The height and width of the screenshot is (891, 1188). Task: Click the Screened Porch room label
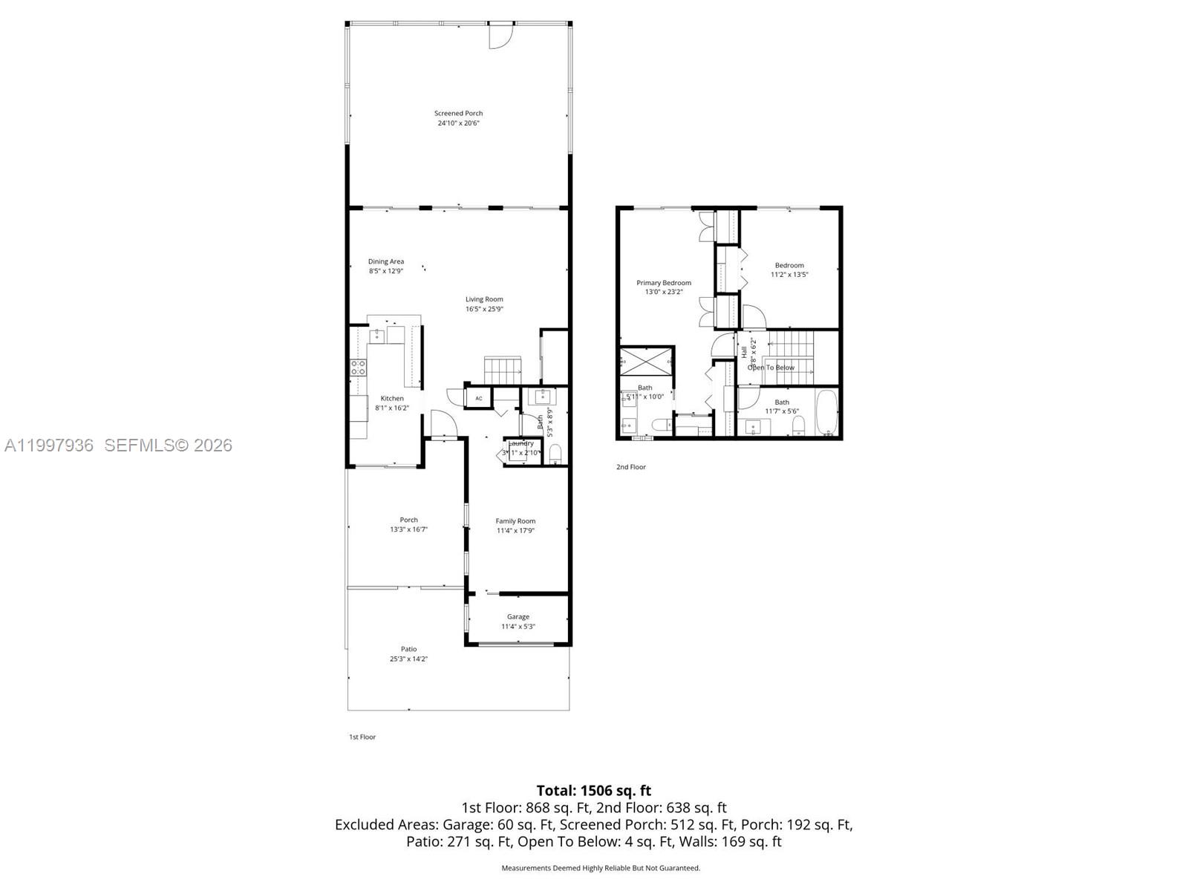(458, 114)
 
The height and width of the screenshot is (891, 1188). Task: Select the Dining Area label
(386, 261)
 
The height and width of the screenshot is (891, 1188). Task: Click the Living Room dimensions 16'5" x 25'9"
(484, 309)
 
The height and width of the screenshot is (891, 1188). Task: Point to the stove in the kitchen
(358, 367)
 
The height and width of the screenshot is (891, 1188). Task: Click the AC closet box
(479, 399)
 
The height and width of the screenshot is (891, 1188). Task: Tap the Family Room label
(515, 521)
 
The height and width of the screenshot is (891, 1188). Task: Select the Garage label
(518, 617)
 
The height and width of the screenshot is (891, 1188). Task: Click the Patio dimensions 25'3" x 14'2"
(408, 659)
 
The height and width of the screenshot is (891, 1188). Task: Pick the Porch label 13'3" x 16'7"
(408, 525)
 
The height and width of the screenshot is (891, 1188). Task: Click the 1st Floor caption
(362, 737)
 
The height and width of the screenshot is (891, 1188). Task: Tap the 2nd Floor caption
(630, 467)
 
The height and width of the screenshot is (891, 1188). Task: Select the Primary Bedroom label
(663, 283)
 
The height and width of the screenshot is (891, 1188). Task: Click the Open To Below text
(771, 368)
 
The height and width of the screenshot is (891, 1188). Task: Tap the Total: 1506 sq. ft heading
(593, 791)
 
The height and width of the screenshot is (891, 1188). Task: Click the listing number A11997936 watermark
(49, 445)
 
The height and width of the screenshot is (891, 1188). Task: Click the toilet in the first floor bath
(555, 453)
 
